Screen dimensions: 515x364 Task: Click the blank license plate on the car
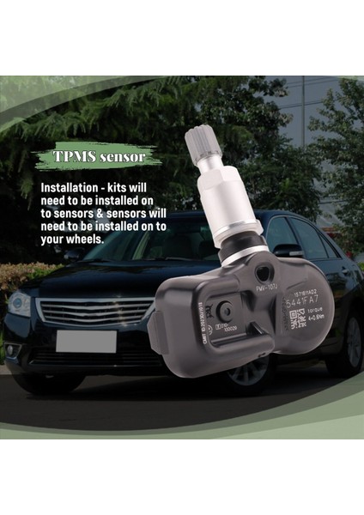tap(86, 341)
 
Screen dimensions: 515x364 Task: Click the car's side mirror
tap(288, 250)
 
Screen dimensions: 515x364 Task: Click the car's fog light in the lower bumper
tap(12, 350)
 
